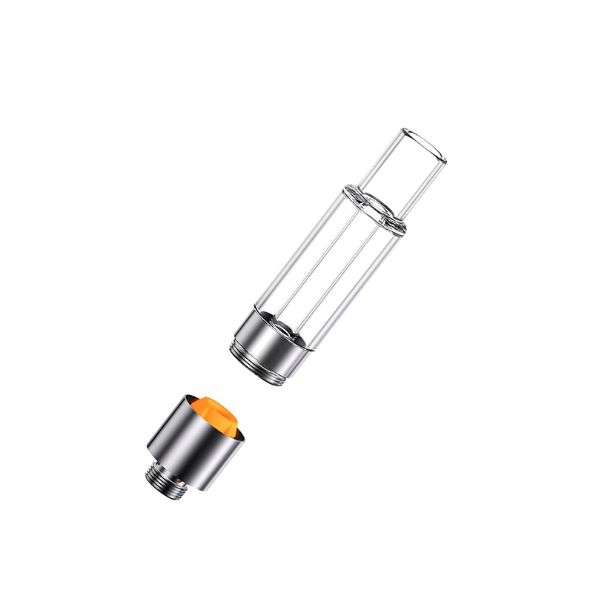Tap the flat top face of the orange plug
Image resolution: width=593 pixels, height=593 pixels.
[x=215, y=408]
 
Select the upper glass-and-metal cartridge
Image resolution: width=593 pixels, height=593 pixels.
[x=334, y=267]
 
